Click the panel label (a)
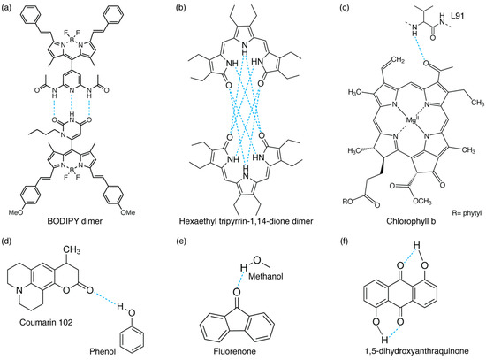point(10,8)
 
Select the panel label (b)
point(172,8)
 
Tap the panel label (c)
point(335,8)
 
